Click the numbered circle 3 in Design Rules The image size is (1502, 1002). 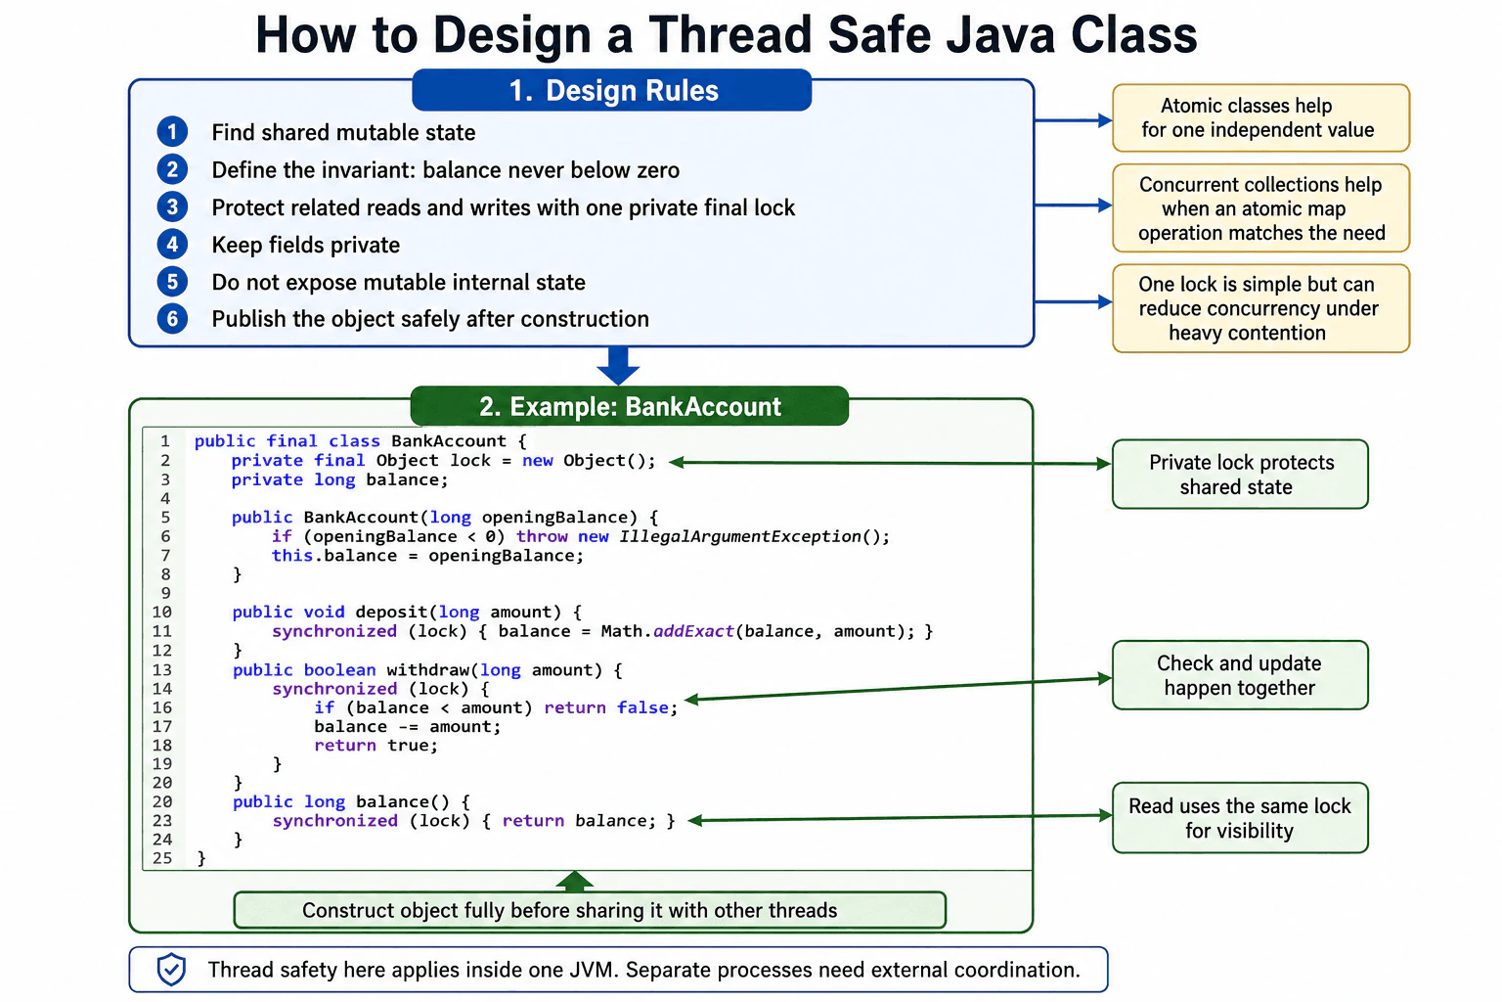[172, 207]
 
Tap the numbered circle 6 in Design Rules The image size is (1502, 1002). [172, 319]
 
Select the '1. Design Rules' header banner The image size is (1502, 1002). [611, 91]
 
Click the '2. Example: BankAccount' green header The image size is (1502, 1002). [630, 406]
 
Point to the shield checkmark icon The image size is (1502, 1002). [171, 969]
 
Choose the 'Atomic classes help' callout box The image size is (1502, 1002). [1260, 117]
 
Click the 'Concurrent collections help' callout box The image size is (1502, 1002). [1260, 208]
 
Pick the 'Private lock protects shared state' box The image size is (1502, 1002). [1240, 474]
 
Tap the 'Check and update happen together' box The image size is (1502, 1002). [1240, 674]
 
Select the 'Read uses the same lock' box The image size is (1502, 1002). [1240, 817]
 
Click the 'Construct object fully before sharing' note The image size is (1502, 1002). [590, 910]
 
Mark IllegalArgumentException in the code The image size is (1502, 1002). [739, 536]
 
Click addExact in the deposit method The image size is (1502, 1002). [693, 631]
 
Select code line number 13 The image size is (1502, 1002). [162, 669]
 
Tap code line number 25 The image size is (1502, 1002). [162, 858]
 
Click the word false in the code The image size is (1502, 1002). [642, 707]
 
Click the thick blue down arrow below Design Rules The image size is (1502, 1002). [618, 366]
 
